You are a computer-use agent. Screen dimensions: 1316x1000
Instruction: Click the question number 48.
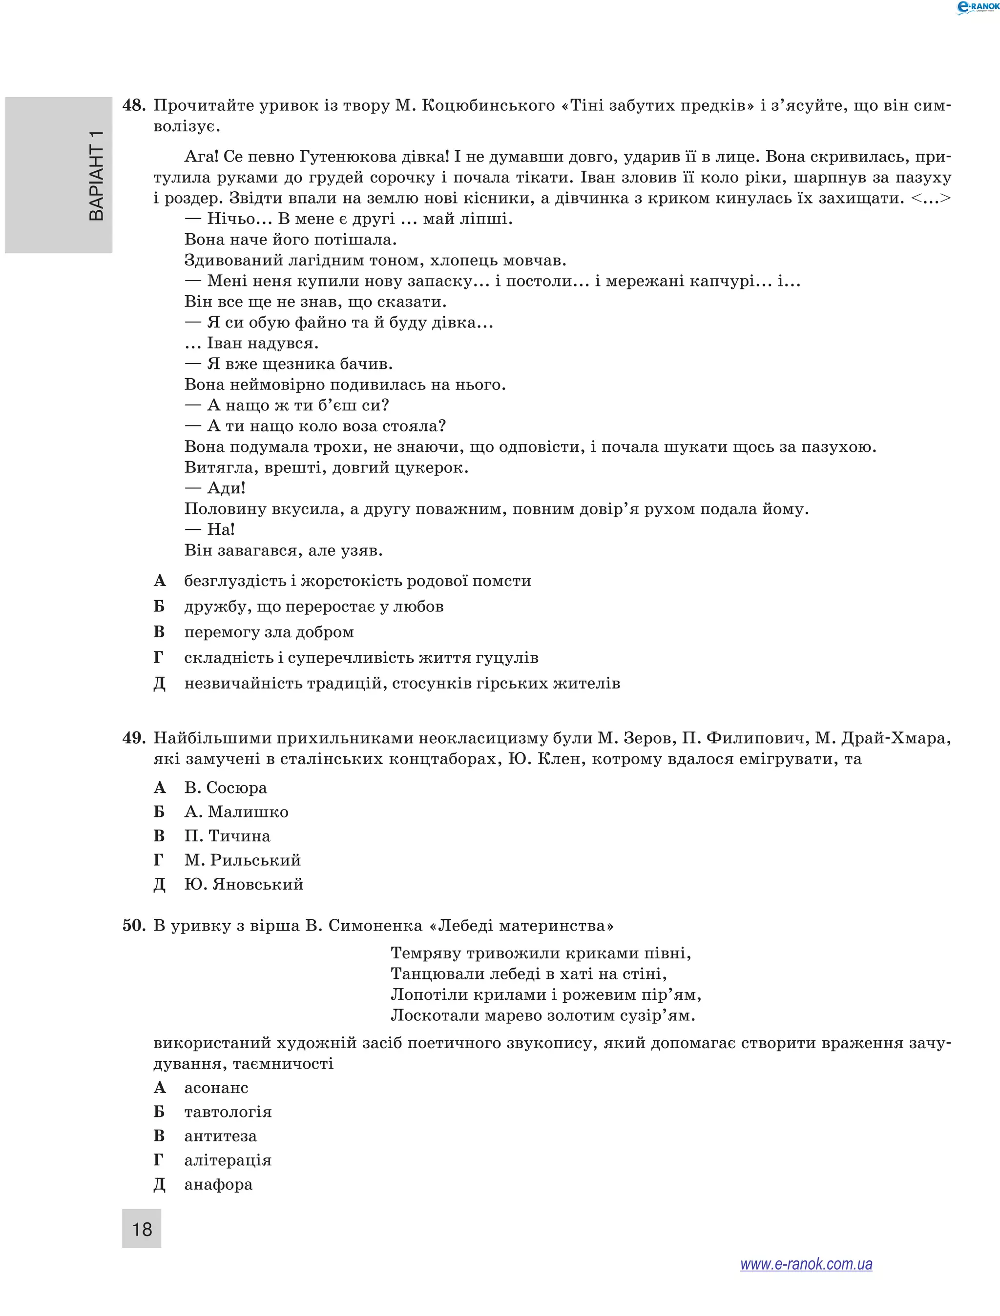[133, 105]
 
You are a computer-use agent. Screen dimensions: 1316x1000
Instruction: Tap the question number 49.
[133, 738]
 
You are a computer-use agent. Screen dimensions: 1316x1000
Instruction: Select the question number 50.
[133, 926]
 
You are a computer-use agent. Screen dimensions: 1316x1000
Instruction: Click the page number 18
[142, 1229]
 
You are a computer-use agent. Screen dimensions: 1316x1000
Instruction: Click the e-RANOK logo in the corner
[977, 7]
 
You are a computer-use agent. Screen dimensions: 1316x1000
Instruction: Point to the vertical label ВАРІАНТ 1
[95, 176]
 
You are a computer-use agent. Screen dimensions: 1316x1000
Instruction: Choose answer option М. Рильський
[242, 860]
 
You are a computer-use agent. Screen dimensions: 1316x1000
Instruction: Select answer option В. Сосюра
[226, 788]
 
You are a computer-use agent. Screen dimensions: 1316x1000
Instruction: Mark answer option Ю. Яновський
[244, 885]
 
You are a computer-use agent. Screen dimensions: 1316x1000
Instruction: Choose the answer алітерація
[228, 1160]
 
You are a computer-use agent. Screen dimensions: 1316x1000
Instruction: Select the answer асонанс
[216, 1088]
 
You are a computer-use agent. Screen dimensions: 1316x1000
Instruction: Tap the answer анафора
[218, 1185]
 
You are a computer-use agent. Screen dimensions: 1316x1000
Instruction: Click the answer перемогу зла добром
[269, 632]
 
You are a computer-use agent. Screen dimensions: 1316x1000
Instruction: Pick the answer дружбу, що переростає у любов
[313, 607]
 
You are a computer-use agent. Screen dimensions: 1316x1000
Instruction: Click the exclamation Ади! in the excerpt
[226, 488]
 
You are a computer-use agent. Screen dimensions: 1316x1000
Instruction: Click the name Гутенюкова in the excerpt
[348, 157]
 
